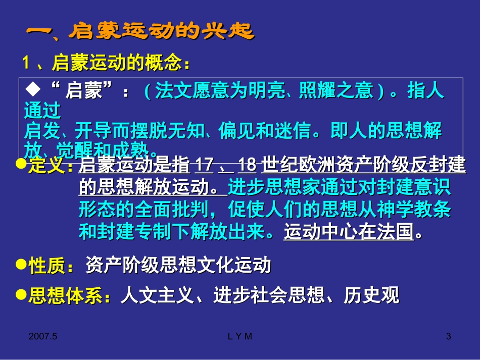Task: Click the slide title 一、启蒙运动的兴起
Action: pos(139,31)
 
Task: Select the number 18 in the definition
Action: pos(247,166)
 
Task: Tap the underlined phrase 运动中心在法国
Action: pos(348,232)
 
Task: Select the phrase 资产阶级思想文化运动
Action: pos(178,265)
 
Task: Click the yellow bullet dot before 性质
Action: pos(22,264)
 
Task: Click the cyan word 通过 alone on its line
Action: pos(42,110)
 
